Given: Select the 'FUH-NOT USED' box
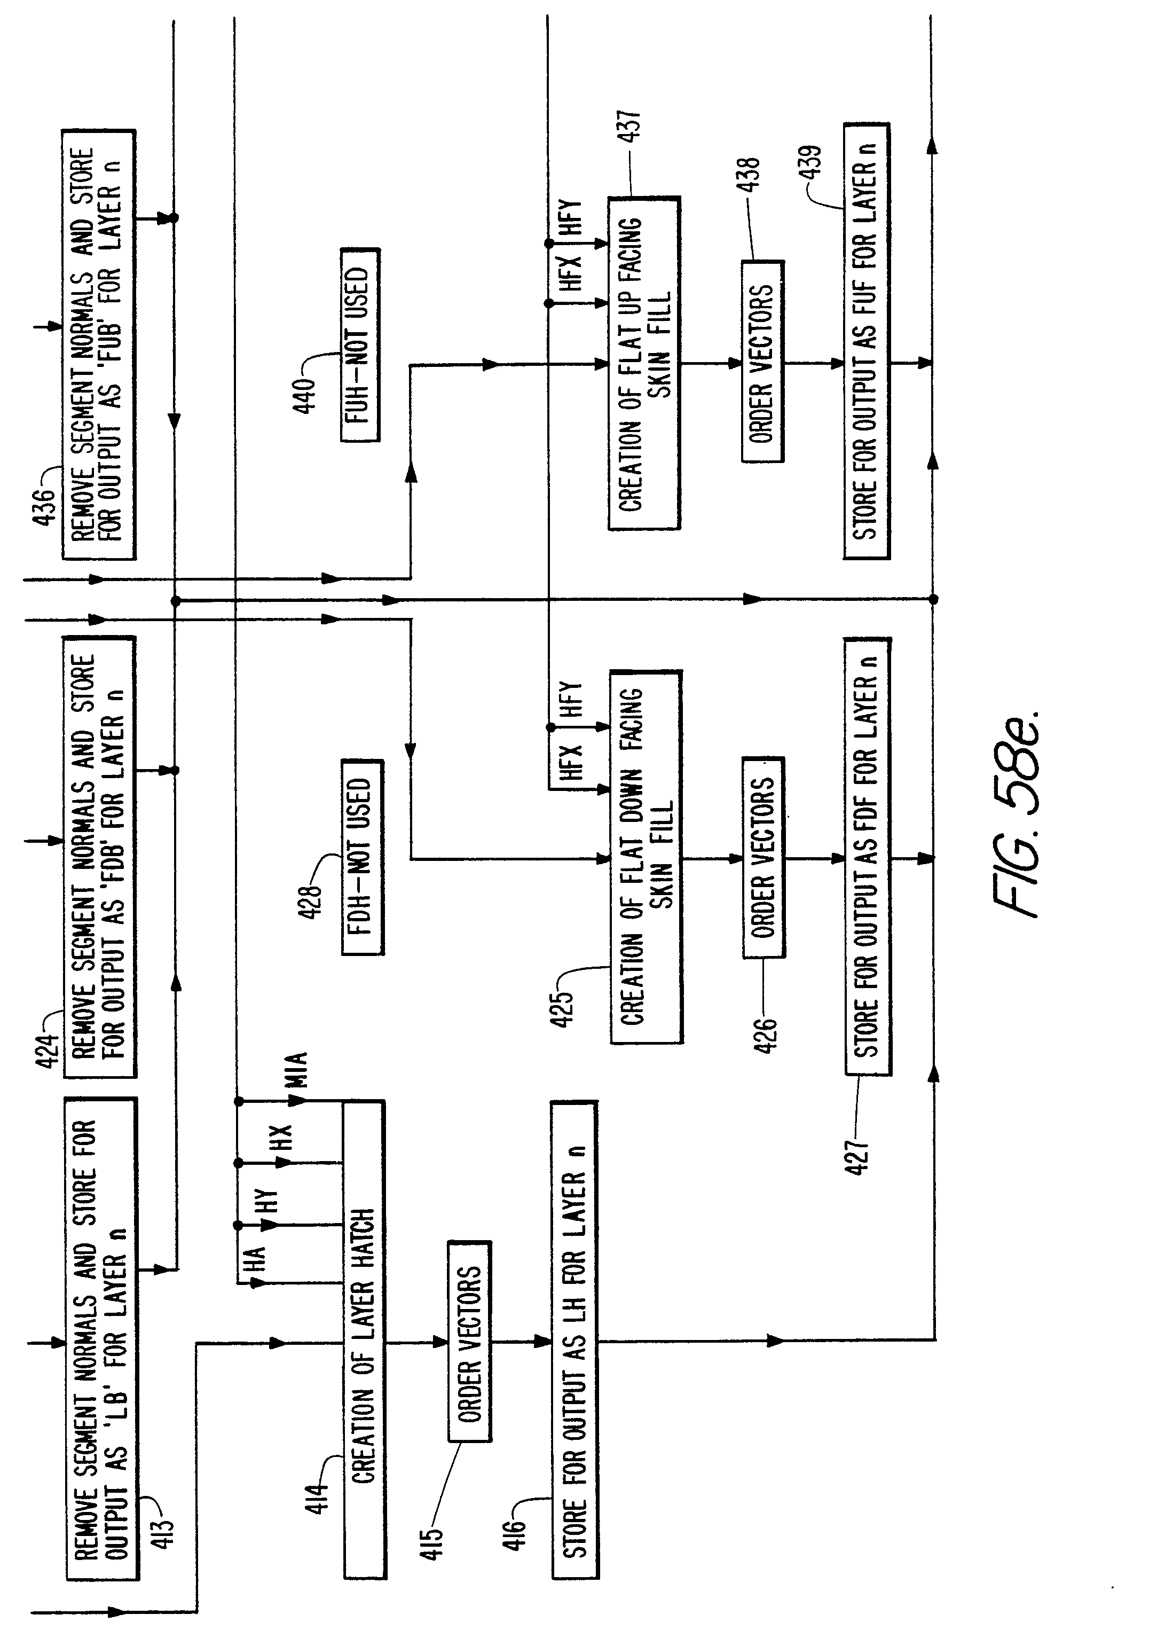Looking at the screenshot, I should point(360,345).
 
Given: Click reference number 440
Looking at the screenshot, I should point(304,396).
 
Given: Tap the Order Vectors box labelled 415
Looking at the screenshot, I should point(469,1343).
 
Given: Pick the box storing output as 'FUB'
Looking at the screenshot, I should point(99,344).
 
